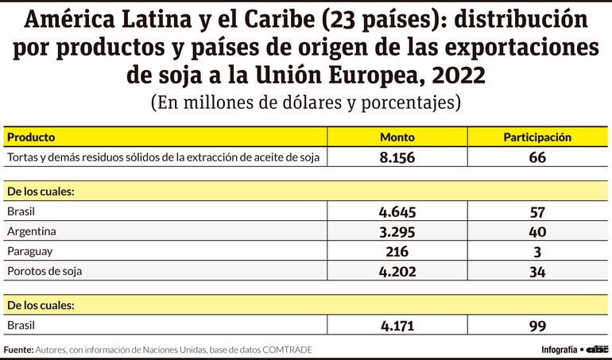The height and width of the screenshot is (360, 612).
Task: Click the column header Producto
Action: pyautogui.click(x=31, y=137)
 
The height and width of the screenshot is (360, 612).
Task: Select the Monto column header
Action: pyautogui.click(x=397, y=137)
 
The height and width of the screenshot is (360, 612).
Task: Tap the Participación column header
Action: pyautogui.click(x=537, y=137)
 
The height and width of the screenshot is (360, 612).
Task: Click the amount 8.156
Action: pyautogui.click(x=397, y=157)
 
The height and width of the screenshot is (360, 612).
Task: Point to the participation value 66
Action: pyautogui.click(x=537, y=157)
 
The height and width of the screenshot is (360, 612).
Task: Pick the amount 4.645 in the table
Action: pyautogui.click(x=397, y=212)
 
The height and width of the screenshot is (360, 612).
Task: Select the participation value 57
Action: pyautogui.click(x=537, y=212)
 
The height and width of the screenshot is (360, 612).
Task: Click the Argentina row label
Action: pyautogui.click(x=32, y=232)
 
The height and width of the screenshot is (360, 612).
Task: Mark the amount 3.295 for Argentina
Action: pyautogui.click(x=397, y=232)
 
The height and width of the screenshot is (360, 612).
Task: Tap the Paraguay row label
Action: pyautogui.click(x=30, y=252)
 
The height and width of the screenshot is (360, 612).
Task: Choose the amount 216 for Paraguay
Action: pyautogui.click(x=397, y=252)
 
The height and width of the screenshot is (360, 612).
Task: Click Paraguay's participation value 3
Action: pyautogui.click(x=537, y=252)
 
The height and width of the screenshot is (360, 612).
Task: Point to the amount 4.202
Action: pyautogui.click(x=397, y=272)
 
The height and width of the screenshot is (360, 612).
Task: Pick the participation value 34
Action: pyautogui.click(x=537, y=272)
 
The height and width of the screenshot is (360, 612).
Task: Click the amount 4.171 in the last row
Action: pyautogui.click(x=397, y=325)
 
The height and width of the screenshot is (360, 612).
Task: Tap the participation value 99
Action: pyautogui.click(x=537, y=325)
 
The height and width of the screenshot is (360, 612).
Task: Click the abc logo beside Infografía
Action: pyautogui.click(x=597, y=350)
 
